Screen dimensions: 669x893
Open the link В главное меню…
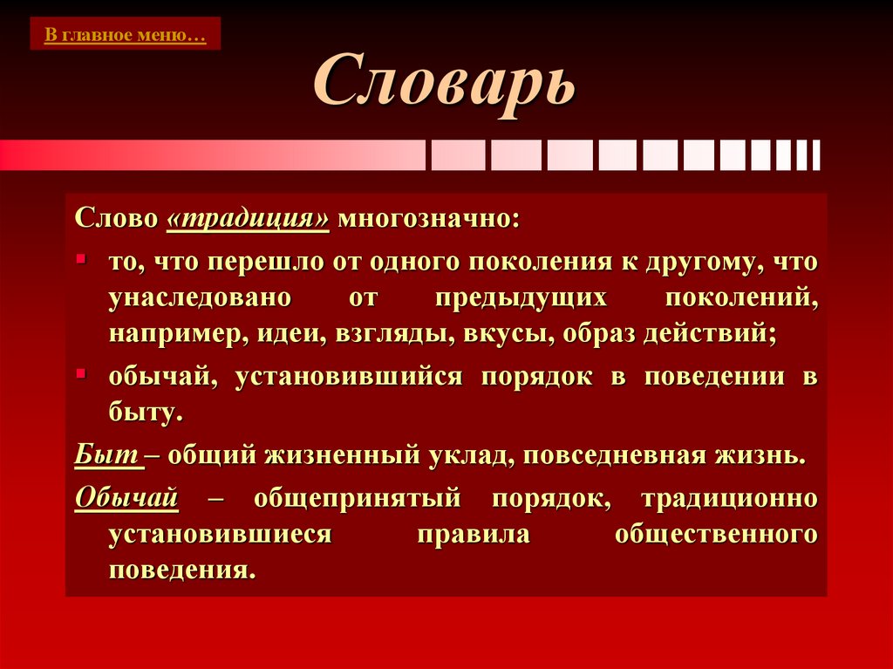pos(126,36)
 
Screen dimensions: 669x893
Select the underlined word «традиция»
pos(247,217)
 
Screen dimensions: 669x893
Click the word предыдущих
pos(521,298)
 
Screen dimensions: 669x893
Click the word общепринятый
pos(356,497)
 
